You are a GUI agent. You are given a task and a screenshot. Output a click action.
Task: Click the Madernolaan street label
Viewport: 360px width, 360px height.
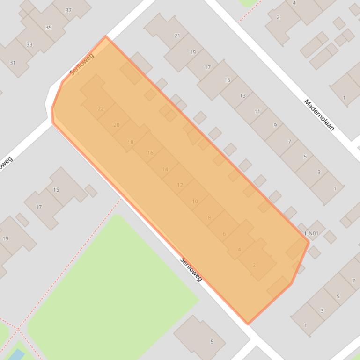319,115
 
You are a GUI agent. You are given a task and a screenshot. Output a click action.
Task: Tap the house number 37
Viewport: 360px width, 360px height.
69,10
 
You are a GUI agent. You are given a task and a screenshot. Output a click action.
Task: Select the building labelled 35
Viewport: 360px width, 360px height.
48,28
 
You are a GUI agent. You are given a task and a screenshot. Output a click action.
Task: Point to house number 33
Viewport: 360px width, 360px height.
29,45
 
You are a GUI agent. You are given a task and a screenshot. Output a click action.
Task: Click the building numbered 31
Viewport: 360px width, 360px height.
13,63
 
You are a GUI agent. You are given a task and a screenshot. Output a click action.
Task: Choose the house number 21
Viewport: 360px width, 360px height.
177,36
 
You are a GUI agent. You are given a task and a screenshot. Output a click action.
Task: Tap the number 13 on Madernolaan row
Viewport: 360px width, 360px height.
242,96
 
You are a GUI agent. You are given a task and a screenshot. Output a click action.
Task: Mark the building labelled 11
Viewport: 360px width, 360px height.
257,111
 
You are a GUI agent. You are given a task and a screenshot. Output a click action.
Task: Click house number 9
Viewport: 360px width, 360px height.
275,125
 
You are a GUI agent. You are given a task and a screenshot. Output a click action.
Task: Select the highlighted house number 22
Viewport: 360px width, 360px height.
101,108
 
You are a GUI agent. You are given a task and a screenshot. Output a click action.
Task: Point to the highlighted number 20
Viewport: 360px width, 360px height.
116,125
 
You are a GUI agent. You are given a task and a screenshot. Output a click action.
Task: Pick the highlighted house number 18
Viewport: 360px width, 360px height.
130,142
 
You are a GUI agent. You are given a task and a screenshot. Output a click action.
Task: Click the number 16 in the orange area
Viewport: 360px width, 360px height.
150,153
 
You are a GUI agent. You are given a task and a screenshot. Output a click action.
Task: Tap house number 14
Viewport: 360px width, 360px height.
165,169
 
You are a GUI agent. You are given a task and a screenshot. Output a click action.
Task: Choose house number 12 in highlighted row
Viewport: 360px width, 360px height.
180,185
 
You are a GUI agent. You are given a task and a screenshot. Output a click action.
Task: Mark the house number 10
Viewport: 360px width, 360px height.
195,202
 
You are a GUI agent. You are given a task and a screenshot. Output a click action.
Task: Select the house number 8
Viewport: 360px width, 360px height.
209,217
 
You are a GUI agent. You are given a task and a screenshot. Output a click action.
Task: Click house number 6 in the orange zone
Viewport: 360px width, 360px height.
224,234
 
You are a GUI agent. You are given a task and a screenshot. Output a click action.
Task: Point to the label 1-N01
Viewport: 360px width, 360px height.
311,233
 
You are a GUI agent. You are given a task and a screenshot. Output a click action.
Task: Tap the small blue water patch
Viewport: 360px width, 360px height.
16,355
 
